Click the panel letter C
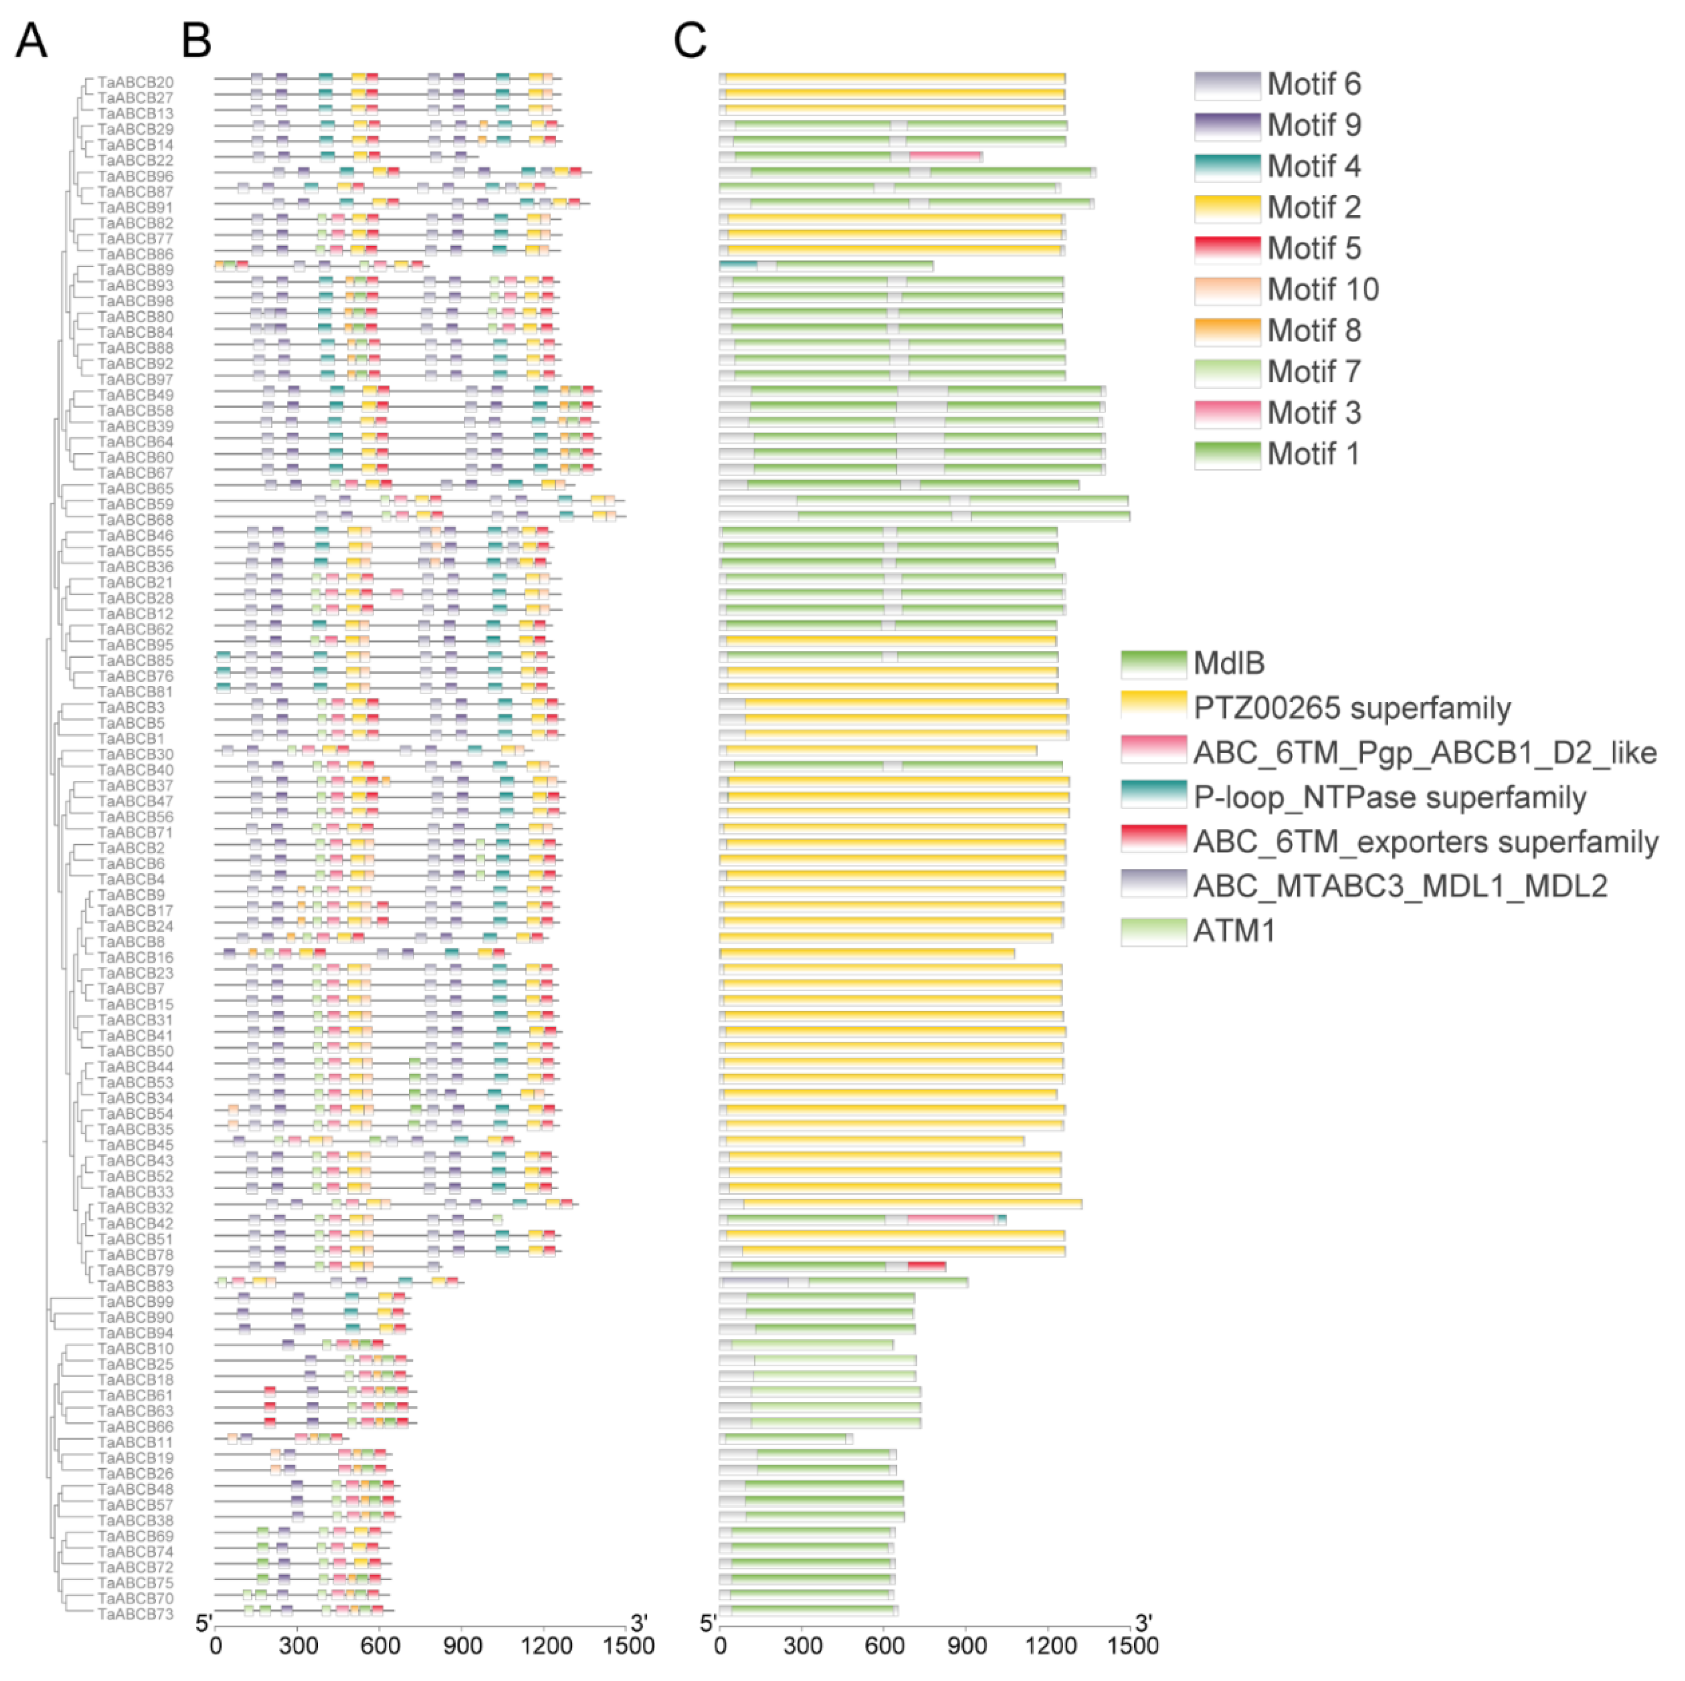(690, 40)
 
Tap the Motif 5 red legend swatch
(1227, 249)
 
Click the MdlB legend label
(1229, 663)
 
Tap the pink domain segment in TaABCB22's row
(946, 157)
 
